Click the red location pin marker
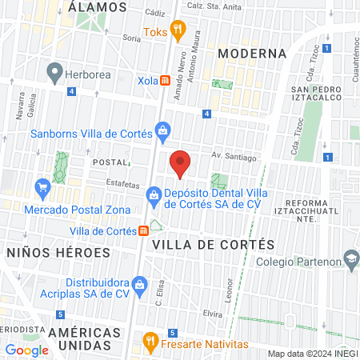tap(181, 163)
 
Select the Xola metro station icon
tap(164, 81)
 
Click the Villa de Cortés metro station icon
tap(142, 231)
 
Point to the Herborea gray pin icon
tap(54, 74)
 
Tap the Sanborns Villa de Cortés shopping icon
tap(162, 130)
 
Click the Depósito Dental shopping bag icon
tap(154, 194)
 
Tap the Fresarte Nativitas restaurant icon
tap(149, 342)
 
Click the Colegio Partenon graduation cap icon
tap(350, 258)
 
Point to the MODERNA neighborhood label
tap(251, 53)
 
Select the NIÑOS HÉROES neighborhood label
tap(58, 252)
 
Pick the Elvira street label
tap(212, 314)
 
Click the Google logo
tap(26, 350)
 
